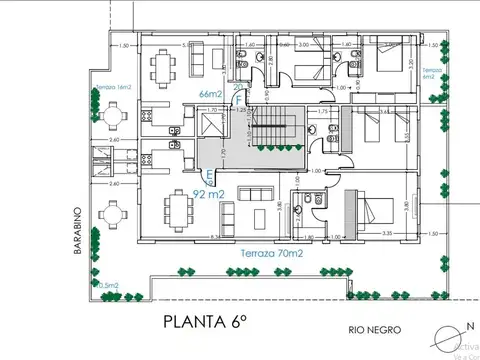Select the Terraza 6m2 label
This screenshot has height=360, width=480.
pos(430,73)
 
